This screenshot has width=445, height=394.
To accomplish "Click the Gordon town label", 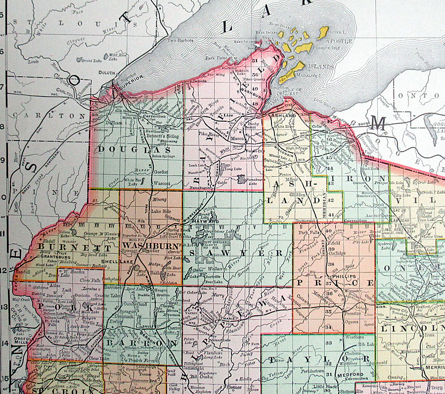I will point(161,172).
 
